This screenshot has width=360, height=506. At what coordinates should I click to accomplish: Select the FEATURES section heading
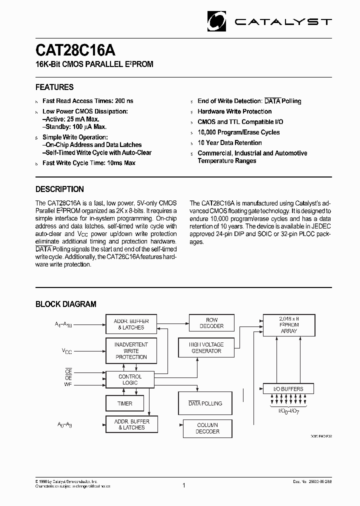pyautogui.click(x=54, y=87)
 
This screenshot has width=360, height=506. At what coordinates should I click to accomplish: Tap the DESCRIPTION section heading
pyautogui.click(x=59, y=189)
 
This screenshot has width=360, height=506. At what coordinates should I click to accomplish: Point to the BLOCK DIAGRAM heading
pyautogui.click(x=65, y=304)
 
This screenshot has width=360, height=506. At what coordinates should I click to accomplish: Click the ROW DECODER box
pyautogui.click(x=211, y=323)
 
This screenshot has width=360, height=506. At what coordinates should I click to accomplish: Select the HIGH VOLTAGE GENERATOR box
pyautogui.click(x=206, y=347)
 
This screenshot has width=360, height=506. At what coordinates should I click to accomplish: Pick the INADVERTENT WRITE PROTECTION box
pyautogui.click(x=131, y=350)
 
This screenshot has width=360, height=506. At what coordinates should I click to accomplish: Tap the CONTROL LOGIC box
pyautogui.click(x=129, y=379)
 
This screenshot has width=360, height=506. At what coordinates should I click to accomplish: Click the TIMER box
pyautogui.click(x=124, y=403)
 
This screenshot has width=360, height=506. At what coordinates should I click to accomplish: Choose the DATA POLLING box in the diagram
pyautogui.click(x=205, y=403)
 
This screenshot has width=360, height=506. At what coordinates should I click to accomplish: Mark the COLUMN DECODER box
pyautogui.click(x=207, y=428)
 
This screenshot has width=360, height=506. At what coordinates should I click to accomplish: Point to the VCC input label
pyautogui.click(x=67, y=351)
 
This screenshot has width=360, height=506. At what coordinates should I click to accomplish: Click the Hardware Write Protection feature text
pyautogui.click(x=234, y=111)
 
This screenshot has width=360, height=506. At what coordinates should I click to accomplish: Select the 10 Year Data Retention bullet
pyautogui.click(x=229, y=142)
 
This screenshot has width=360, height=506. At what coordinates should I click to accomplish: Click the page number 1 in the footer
pyautogui.click(x=183, y=485)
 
